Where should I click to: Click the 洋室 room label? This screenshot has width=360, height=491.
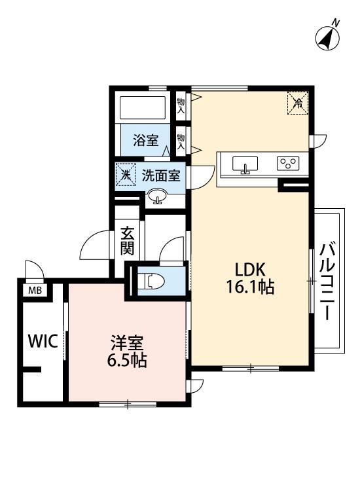tap(127, 342)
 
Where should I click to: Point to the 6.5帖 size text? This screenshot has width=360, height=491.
tap(127, 360)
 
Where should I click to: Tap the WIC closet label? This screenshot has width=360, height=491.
tap(43, 340)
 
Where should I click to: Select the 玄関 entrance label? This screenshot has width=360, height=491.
tap(128, 241)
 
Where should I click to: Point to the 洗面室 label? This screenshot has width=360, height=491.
tap(161, 175)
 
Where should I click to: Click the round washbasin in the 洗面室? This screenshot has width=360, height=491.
tap(157, 195)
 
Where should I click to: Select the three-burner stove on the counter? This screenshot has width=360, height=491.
tap(287, 164)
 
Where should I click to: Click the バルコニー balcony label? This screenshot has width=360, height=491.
tap(329, 280)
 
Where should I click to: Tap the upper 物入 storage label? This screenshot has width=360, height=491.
tap(181, 105)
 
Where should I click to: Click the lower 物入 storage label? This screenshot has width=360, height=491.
tap(181, 140)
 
